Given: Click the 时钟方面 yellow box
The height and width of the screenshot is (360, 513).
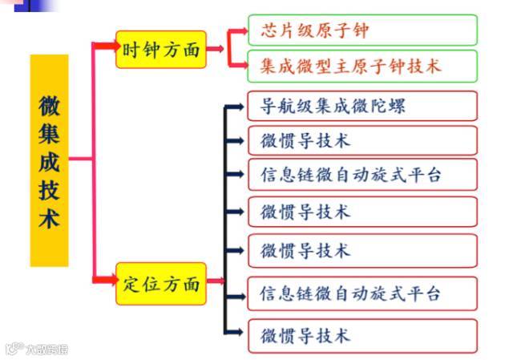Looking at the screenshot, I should click(x=161, y=50).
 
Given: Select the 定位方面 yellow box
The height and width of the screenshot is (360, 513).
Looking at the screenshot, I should click(x=161, y=283).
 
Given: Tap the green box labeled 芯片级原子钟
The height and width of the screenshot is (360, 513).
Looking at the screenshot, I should click(x=362, y=30).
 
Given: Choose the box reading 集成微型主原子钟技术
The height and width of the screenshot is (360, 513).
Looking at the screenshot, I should click(x=362, y=66).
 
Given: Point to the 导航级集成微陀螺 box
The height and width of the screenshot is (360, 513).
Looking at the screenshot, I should click(x=362, y=106).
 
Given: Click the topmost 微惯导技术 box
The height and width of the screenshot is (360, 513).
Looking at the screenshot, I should click(x=362, y=140).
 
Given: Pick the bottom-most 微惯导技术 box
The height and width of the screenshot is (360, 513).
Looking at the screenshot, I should click(x=362, y=335).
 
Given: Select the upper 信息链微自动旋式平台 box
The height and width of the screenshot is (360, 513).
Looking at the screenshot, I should click(x=362, y=175).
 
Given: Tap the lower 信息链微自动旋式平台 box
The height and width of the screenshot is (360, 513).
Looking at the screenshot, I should click(x=362, y=293).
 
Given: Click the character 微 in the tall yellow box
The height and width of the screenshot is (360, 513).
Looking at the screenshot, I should click(x=49, y=103).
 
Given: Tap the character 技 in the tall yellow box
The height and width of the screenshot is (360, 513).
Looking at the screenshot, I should click(x=49, y=190).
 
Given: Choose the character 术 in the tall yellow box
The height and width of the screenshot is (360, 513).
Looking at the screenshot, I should click(x=49, y=219).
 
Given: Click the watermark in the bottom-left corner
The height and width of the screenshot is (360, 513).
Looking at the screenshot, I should click(x=36, y=349).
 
